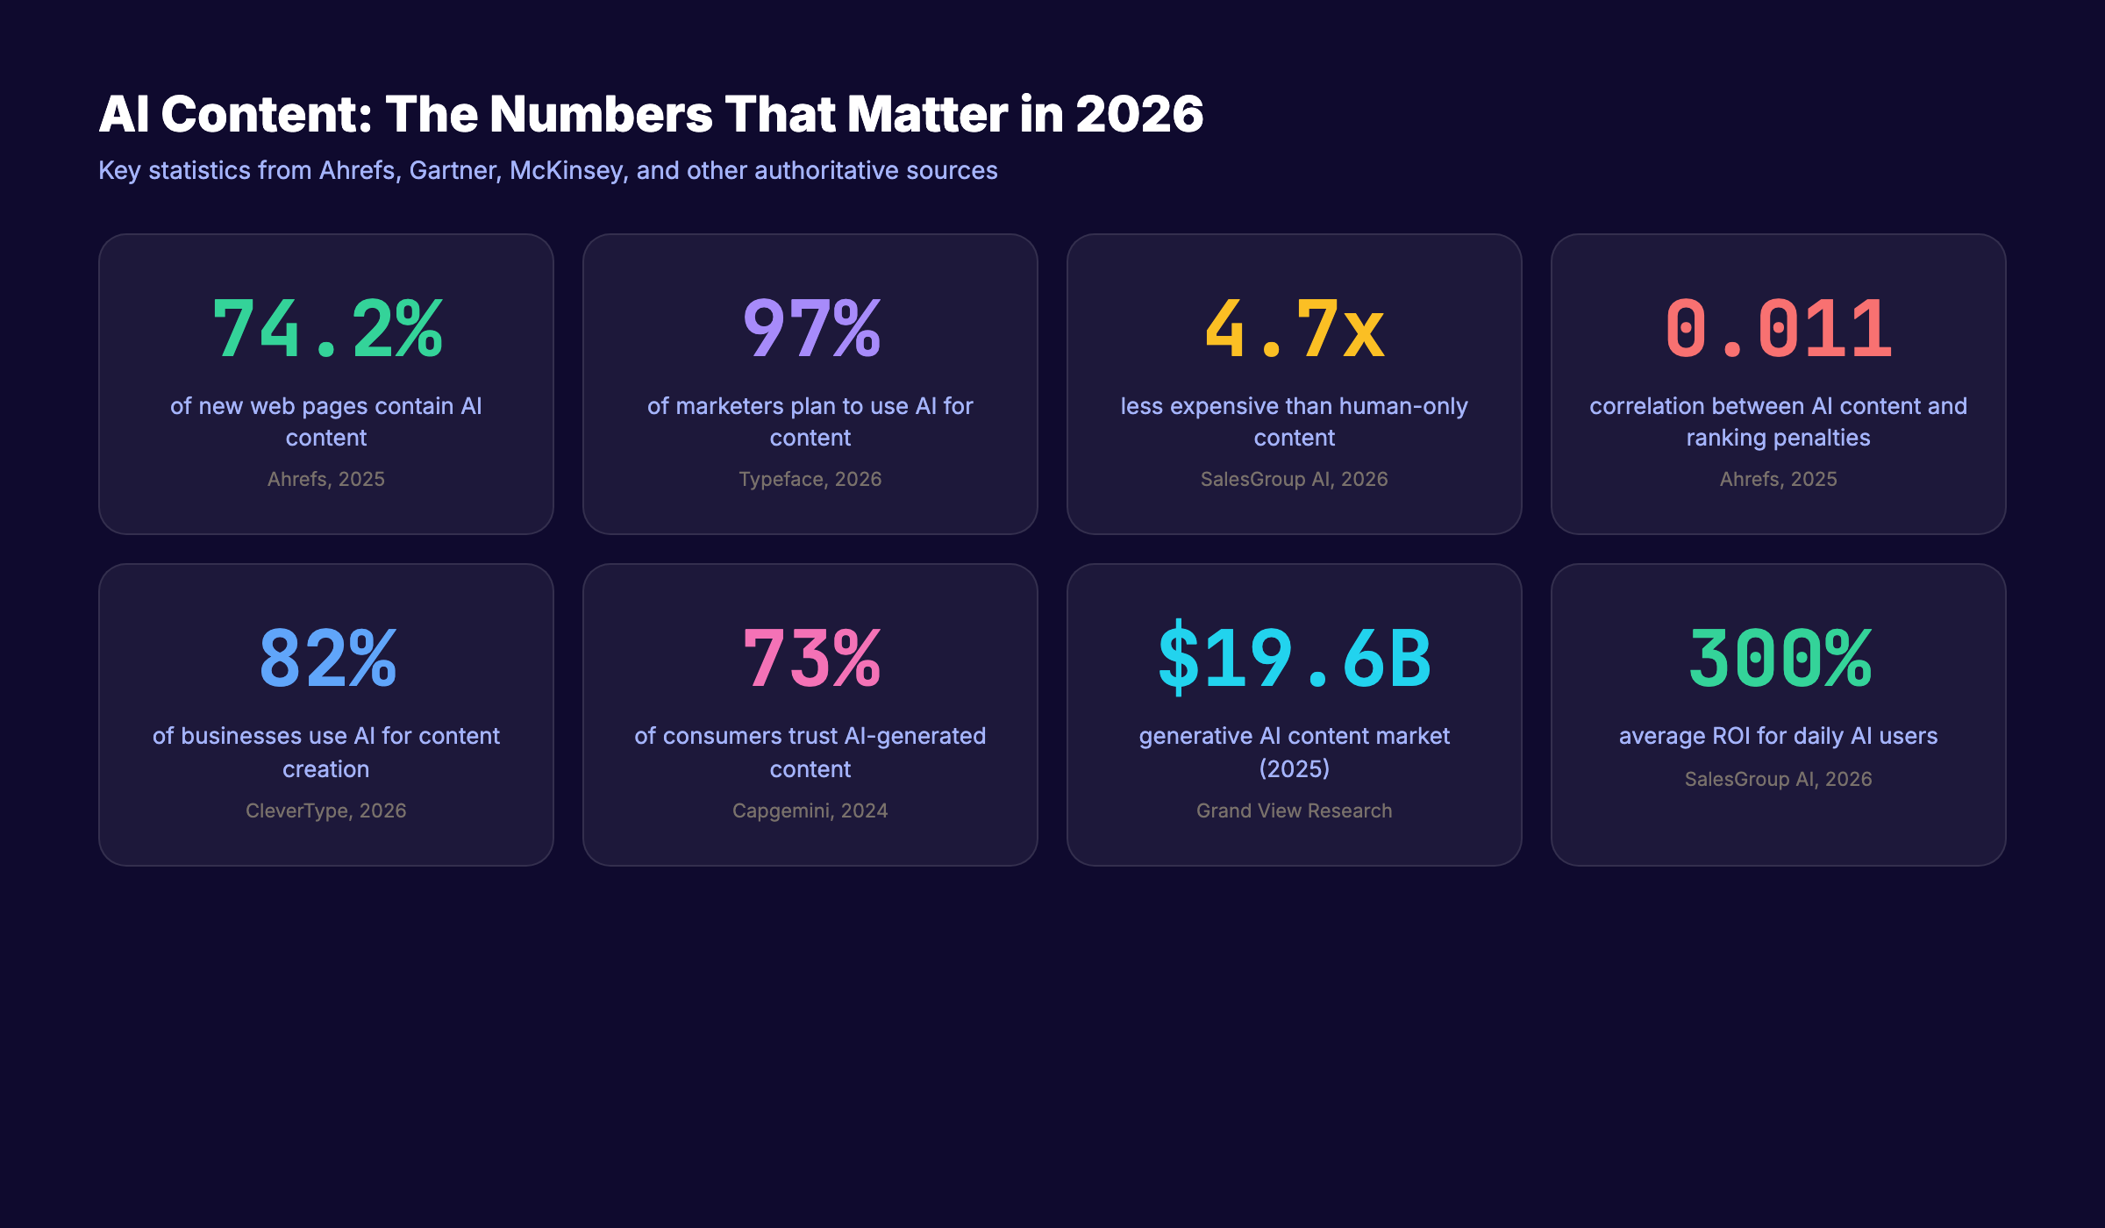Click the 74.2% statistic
tap(326, 329)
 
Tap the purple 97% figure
tap(810, 329)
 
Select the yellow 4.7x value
tap(1295, 329)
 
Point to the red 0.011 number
tap(1778, 329)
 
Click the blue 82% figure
tap(326, 659)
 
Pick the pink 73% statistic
tap(810, 659)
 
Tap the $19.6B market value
tap(1295, 659)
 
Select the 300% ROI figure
tap(1779, 659)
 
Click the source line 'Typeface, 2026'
tap(810, 479)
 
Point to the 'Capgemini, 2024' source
tap(810, 810)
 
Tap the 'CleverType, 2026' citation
tap(326, 810)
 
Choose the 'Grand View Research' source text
tap(1295, 810)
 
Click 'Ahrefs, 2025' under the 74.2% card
tap(326, 479)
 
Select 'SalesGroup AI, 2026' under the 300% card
tap(1779, 779)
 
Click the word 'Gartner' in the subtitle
tap(454, 170)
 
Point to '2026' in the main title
tap(1139, 115)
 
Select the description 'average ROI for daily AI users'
tap(1779, 736)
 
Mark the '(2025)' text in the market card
tap(1295, 769)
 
